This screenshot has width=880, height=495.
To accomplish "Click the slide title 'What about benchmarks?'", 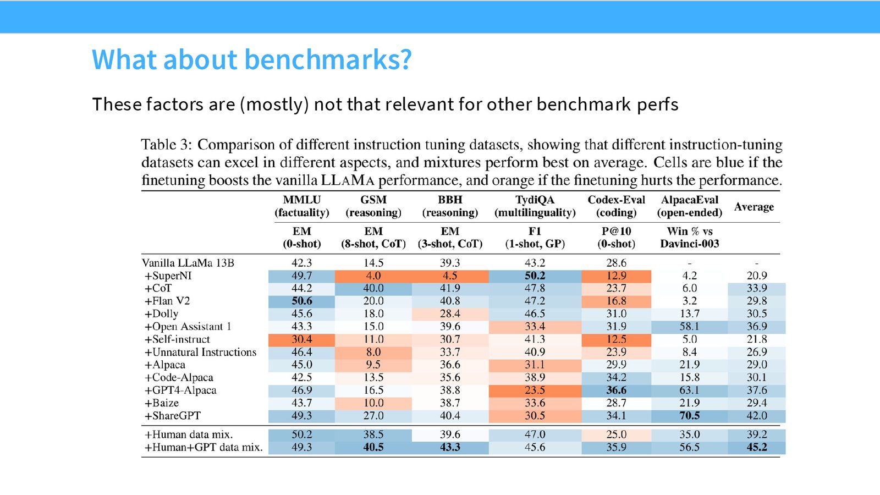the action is pos(251,60).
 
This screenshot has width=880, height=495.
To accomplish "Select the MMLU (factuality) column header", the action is pos(302,206).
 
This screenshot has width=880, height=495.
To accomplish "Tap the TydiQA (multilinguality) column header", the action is pos(535,206).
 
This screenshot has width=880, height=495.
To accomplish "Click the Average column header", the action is pos(754,207).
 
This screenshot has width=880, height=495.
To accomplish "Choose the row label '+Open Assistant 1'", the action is pos(188,327).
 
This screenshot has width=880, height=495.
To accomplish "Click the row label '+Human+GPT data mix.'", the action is pos(204,448).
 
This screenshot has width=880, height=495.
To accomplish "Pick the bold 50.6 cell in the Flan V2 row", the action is pos(302,301).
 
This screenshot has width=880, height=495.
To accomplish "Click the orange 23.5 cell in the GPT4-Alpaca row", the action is pos(535,390).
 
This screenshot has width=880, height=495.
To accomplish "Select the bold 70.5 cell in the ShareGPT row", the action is pos(690,416).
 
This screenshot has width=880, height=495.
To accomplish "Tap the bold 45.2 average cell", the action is pos(757,448).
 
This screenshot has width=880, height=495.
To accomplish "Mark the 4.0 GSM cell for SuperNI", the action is pos(373,276).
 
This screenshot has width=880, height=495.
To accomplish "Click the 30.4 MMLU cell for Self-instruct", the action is pos(302,339).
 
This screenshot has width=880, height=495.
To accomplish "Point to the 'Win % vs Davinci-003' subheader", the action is pos(690,237).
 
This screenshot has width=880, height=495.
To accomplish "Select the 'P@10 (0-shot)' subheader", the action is pos(616,237).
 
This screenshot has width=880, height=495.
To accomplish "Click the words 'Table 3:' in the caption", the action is pos(167,145).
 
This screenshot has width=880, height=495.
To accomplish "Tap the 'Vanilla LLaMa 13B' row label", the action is pos(188,263).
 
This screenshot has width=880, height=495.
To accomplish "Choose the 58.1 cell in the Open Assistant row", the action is pos(690,327).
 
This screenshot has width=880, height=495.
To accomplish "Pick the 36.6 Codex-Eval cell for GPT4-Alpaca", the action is pos(616,390).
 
